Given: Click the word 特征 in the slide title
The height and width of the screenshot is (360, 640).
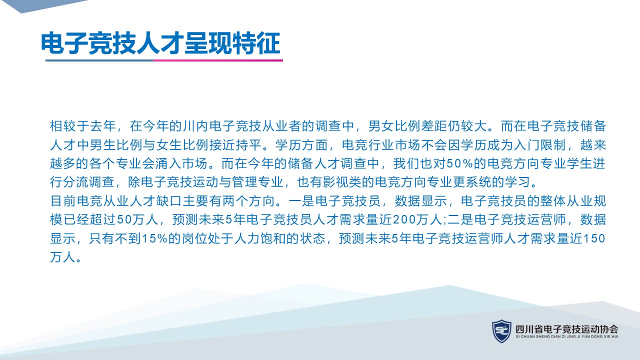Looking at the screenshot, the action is (x=256, y=43).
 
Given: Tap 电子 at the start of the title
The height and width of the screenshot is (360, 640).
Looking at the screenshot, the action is (x=64, y=43).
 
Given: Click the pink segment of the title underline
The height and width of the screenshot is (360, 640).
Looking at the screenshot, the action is (x=218, y=60).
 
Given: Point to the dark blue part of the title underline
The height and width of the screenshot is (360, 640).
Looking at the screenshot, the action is (x=99, y=60).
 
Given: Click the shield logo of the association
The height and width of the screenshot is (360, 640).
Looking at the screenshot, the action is (x=501, y=331).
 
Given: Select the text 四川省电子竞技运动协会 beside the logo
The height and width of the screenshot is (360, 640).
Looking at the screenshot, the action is (x=567, y=329).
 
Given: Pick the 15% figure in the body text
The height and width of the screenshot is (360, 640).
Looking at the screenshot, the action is (x=154, y=238).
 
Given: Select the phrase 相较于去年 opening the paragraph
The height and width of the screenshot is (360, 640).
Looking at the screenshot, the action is (x=83, y=126).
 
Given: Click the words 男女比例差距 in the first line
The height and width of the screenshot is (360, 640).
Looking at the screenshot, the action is (x=407, y=126).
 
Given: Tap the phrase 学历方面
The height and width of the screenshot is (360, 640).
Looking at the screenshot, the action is (x=301, y=145).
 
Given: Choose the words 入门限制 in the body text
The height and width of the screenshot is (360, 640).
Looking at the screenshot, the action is (x=539, y=145).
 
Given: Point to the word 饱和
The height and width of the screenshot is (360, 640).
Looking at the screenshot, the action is (x=273, y=238).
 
